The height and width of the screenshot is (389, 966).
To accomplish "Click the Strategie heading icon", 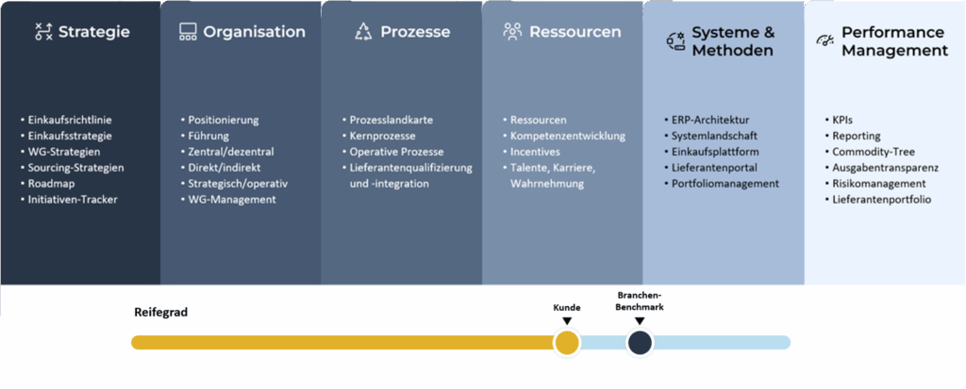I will point(42,32).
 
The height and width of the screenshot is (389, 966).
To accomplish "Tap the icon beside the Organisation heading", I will point(187,32).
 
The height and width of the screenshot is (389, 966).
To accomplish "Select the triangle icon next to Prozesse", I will point(364,32).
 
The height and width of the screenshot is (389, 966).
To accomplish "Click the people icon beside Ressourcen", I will point(512,32).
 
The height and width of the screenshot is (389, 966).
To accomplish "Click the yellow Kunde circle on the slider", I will point(566,343).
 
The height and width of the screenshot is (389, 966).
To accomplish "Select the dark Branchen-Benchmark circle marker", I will point(640,343).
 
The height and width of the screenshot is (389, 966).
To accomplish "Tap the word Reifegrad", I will point(159,311).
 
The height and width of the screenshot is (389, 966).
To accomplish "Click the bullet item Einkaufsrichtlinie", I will point(71,121).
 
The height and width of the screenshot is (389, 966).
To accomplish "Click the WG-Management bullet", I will point(232,199).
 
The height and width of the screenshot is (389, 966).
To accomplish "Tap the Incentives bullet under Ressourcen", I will point(535,152).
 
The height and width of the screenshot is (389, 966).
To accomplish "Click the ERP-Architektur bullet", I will point(710,121).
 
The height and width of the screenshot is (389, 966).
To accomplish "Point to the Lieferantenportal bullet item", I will point(714,168).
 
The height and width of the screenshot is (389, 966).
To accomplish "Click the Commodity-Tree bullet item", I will point(874,152).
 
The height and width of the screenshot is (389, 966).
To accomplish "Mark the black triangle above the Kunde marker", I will point(566,321).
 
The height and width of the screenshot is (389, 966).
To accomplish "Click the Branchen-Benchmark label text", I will point(640,300).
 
